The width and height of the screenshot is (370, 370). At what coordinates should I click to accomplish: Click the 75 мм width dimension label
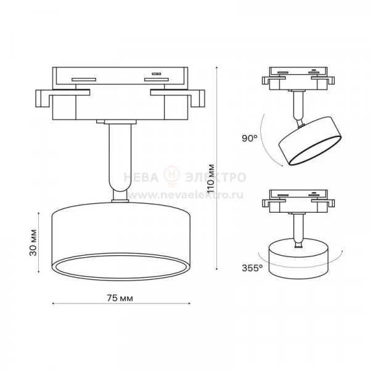click(120, 298)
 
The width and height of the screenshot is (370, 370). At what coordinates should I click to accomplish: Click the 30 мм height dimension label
click(33, 242)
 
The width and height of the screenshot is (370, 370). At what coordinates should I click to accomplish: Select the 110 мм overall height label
click(211, 178)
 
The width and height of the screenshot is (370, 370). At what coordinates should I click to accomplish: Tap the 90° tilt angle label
click(249, 138)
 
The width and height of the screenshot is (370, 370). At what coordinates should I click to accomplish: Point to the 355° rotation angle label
click(252, 268)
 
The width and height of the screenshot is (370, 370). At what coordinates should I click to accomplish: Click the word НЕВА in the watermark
click(141, 178)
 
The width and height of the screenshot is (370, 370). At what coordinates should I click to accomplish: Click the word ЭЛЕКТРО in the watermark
click(215, 178)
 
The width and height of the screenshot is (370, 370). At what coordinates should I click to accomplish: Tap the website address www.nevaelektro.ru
click(185, 195)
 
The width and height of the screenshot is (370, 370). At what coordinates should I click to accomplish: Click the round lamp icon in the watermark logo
click(172, 176)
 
